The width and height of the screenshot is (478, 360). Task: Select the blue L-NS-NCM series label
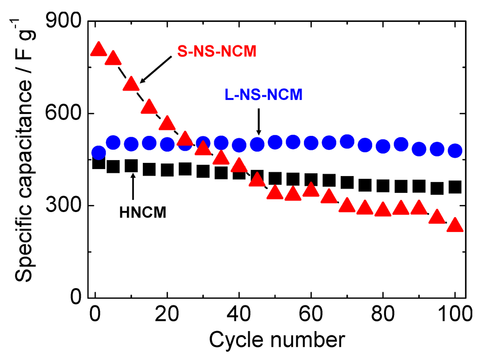(x=261, y=94)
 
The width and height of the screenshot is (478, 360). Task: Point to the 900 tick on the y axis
(x=66, y=21)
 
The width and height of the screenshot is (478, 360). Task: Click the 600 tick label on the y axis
(x=66, y=113)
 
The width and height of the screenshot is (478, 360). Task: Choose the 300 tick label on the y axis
(x=66, y=205)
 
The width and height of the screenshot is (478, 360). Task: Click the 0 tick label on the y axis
(x=76, y=297)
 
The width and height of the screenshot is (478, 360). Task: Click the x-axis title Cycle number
(x=277, y=340)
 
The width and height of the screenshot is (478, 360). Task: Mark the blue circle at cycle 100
(x=454, y=151)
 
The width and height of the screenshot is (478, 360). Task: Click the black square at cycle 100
(x=454, y=187)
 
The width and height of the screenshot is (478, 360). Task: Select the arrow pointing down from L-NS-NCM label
(x=259, y=122)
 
